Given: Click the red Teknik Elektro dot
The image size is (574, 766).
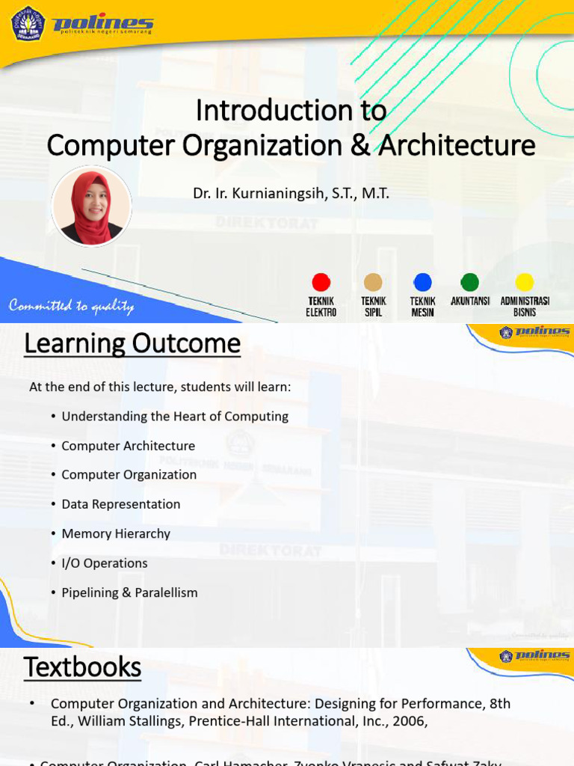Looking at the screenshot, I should (321, 282).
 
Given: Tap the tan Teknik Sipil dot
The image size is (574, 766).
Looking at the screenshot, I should (373, 282).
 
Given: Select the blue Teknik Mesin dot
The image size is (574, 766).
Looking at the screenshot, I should (422, 282).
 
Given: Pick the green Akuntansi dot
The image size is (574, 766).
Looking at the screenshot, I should (469, 282).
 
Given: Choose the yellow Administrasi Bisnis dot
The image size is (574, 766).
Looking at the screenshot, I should (525, 282).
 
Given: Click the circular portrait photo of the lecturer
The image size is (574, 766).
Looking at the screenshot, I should (92, 205).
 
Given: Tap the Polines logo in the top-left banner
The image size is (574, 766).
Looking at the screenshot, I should (82, 24).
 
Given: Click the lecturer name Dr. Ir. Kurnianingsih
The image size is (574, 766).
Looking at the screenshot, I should (291, 194).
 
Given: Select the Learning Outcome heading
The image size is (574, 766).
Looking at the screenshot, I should (132, 344).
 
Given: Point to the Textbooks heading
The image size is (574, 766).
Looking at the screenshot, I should (82, 667).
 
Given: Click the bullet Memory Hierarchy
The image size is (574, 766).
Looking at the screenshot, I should (116, 533).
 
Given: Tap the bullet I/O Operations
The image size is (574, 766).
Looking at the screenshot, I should (105, 563).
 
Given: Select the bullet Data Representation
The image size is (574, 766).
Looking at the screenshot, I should (121, 504).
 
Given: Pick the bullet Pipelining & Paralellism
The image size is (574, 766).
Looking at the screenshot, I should (129, 592).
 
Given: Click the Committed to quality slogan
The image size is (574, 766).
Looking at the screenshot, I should (71, 306).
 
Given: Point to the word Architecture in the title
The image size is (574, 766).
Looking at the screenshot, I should (457, 145).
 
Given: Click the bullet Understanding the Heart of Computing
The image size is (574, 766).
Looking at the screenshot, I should (175, 417).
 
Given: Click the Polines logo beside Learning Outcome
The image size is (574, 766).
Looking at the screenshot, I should (534, 331).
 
